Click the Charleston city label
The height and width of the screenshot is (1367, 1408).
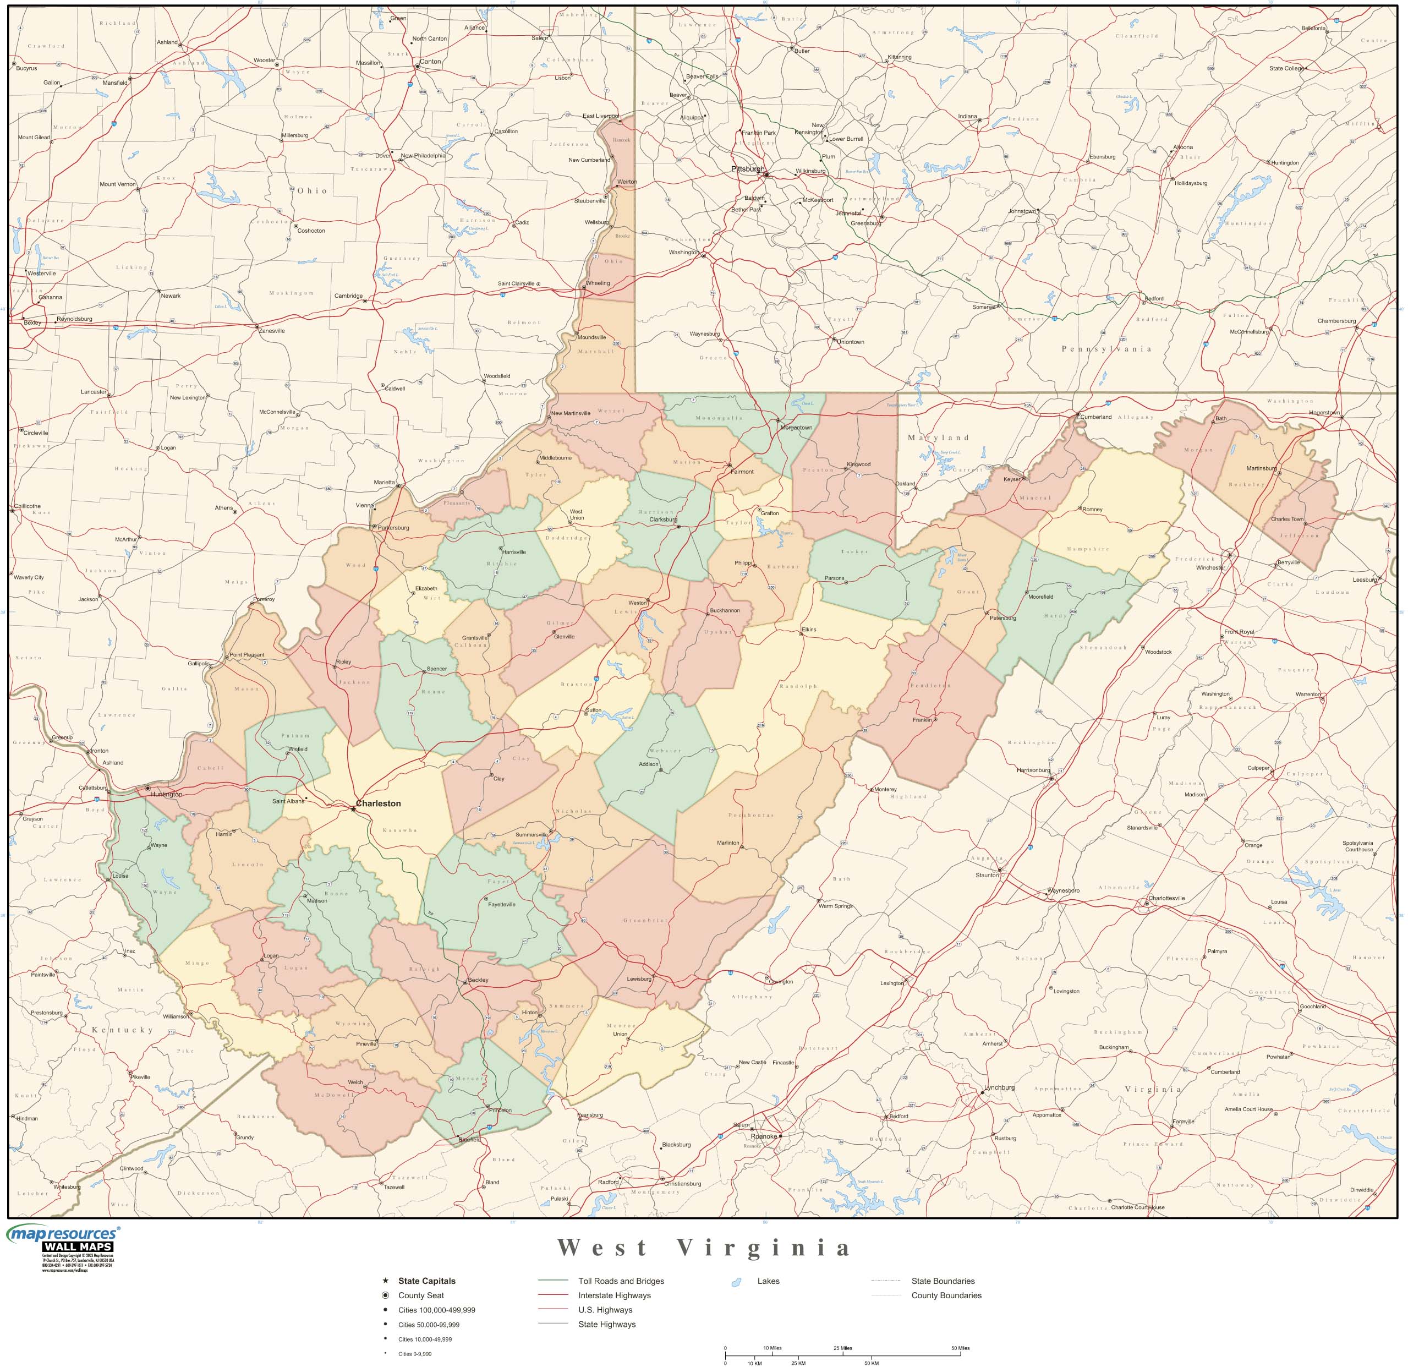tap(378, 803)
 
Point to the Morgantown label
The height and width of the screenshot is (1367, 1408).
tap(796, 428)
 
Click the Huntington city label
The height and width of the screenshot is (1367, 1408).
tap(166, 795)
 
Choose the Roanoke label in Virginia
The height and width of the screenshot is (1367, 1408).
tap(764, 1136)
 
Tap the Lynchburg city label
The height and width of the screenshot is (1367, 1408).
tap(999, 1087)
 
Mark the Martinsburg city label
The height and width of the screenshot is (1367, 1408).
tap(1262, 468)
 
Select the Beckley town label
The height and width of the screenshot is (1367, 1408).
tap(478, 980)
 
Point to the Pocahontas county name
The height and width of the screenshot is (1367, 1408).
tap(750, 816)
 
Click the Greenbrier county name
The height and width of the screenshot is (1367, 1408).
tap(645, 920)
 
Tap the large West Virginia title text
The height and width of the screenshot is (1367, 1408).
tap(704, 1248)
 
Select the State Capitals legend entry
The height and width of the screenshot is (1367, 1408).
tap(427, 1281)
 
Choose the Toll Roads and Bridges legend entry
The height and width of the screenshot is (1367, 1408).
tap(621, 1281)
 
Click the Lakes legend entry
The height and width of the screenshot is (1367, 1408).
tap(768, 1281)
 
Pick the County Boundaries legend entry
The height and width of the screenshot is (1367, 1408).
tap(946, 1295)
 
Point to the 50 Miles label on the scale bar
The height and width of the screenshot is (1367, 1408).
tap(960, 1348)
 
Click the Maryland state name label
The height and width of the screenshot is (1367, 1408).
tap(938, 438)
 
